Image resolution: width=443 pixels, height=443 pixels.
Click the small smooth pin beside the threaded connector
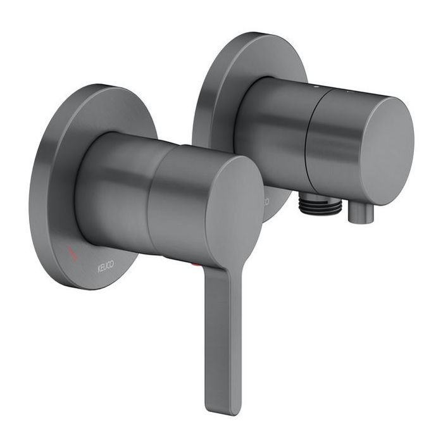[x=359, y=216]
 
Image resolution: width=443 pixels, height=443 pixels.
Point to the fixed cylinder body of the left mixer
[x=114, y=184]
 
